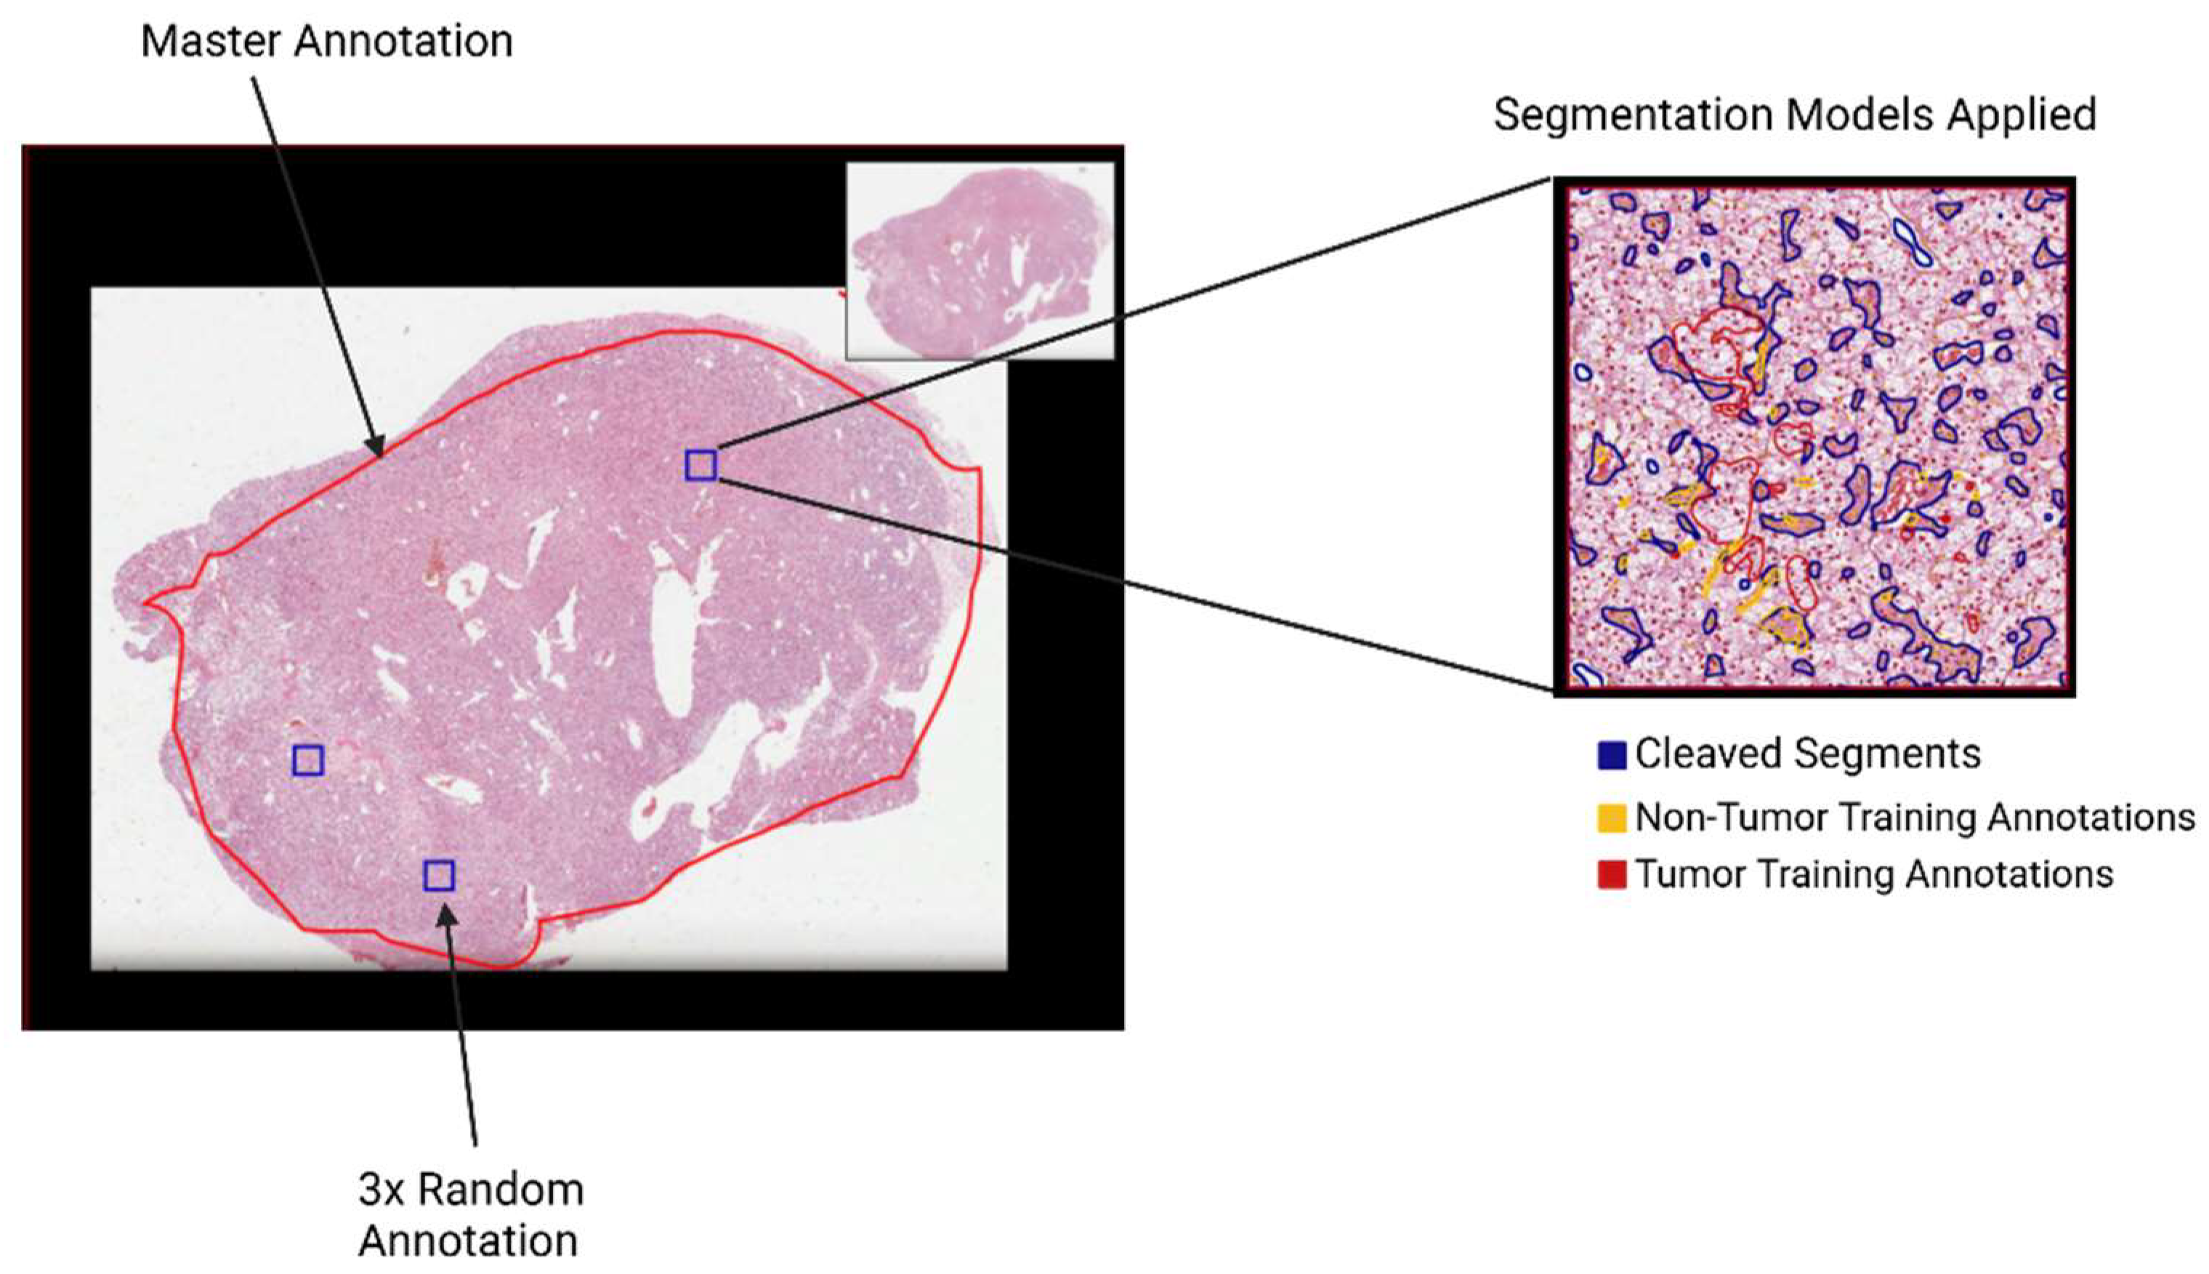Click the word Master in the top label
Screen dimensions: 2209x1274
pos(210,41)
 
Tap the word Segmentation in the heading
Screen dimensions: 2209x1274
pos(1633,115)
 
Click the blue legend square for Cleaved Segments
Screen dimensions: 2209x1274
pos(1612,755)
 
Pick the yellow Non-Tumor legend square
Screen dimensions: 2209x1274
pos(1612,818)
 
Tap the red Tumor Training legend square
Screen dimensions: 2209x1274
pos(1612,875)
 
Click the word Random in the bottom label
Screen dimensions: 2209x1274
pos(501,1189)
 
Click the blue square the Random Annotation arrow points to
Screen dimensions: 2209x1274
pos(439,875)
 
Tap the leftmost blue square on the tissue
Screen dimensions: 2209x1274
pos(308,761)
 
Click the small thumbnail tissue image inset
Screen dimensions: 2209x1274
pos(980,261)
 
